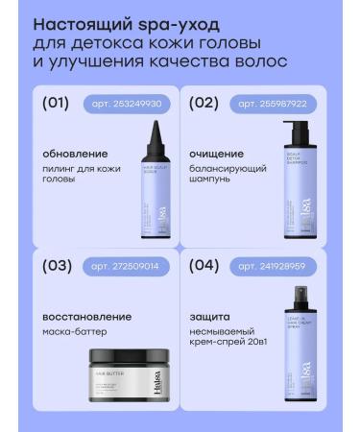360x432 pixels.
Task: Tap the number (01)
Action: click(57, 103)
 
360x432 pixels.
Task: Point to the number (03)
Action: click(57, 266)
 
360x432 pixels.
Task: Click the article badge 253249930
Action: click(119, 104)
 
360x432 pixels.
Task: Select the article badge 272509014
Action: click(121, 266)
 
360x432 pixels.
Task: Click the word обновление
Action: click(75, 153)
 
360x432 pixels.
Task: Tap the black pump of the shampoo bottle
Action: click(295, 129)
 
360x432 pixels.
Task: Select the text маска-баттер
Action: click(75, 332)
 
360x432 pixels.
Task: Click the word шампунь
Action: click(215, 180)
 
